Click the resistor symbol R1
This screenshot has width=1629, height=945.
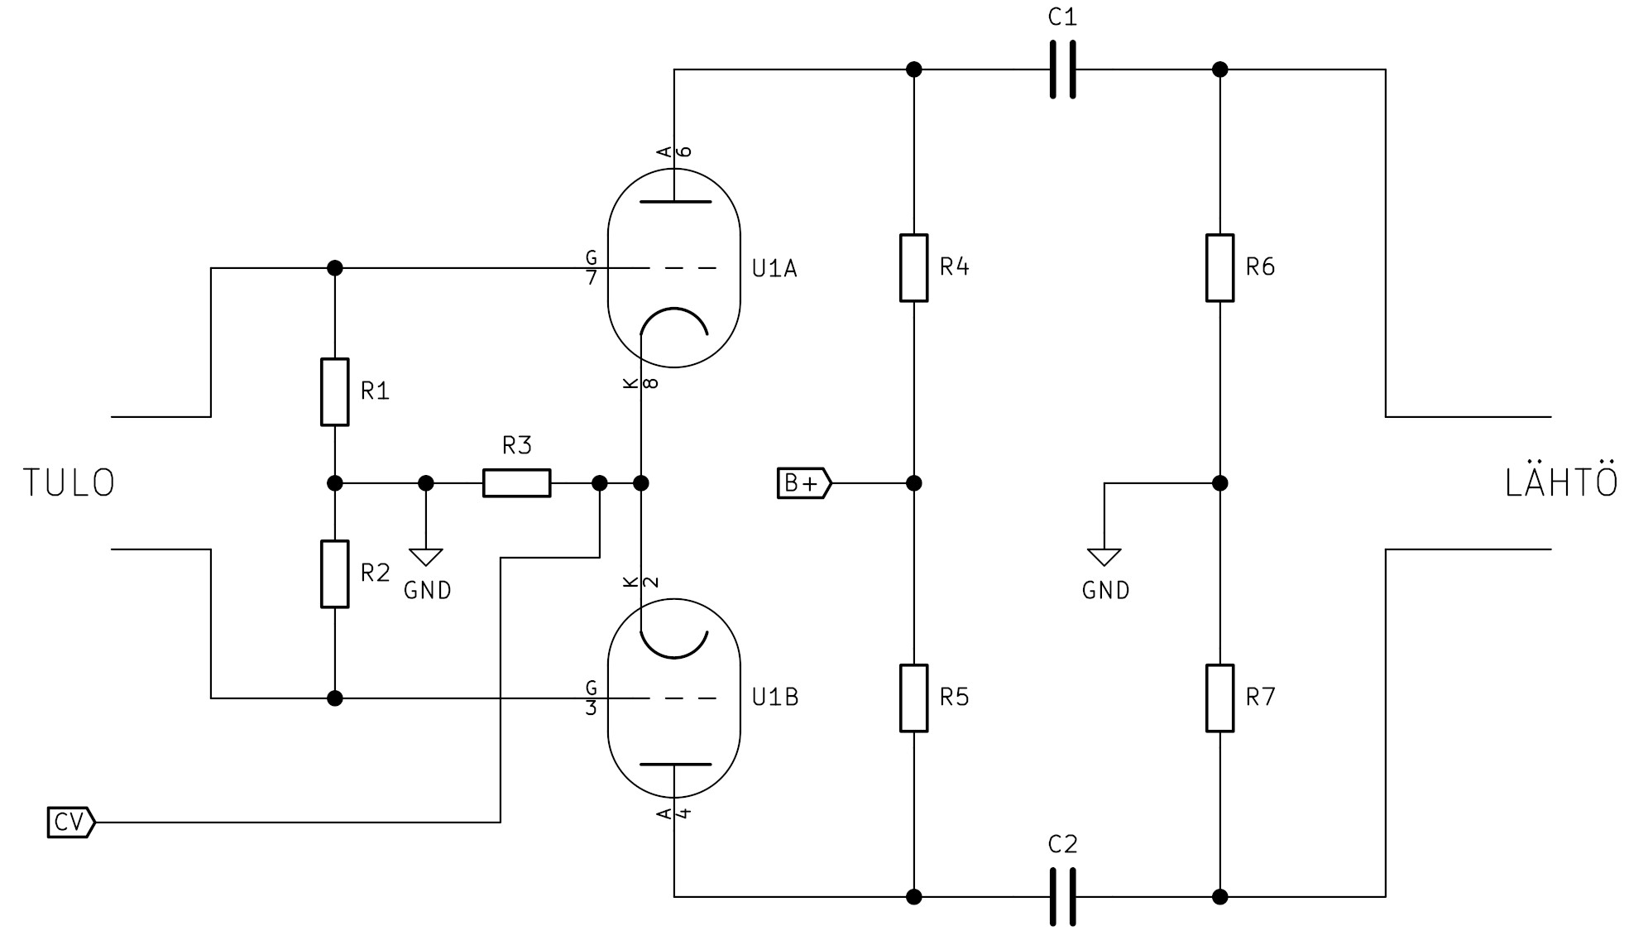pyautogui.click(x=334, y=391)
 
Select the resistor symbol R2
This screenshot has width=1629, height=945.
pyautogui.click(x=334, y=573)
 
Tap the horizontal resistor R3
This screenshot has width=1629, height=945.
pyautogui.click(x=516, y=482)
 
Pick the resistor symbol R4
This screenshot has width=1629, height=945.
pyautogui.click(x=913, y=267)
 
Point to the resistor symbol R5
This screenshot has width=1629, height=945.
pyautogui.click(x=913, y=698)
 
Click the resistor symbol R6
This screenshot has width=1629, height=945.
pyautogui.click(x=1219, y=267)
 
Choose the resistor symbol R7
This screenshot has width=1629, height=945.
pyautogui.click(x=1219, y=698)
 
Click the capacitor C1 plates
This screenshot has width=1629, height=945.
pyautogui.click(x=1062, y=70)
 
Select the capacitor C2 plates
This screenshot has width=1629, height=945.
pyautogui.click(x=1062, y=896)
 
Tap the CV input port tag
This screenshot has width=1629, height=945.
pyautogui.click(x=70, y=822)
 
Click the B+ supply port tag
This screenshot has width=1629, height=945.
pyautogui.click(x=803, y=482)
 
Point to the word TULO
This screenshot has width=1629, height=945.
pyautogui.click(x=69, y=483)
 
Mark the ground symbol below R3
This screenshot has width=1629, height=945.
pyautogui.click(x=425, y=557)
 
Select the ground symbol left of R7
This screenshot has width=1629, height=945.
pyautogui.click(x=1104, y=557)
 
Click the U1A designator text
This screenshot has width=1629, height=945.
pyautogui.click(x=774, y=268)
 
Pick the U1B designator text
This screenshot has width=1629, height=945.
pyautogui.click(x=774, y=698)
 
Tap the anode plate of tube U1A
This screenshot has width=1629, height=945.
pyautogui.click(x=674, y=201)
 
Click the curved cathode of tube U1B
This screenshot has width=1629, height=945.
pyautogui.click(x=674, y=645)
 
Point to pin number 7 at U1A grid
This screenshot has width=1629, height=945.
pyautogui.click(x=591, y=278)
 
